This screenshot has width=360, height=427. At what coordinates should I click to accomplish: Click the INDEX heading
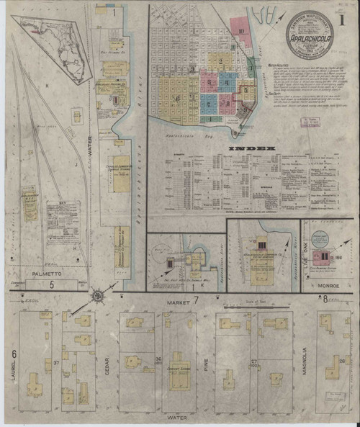(251, 149)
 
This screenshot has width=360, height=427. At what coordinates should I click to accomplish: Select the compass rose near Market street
(98, 295)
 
